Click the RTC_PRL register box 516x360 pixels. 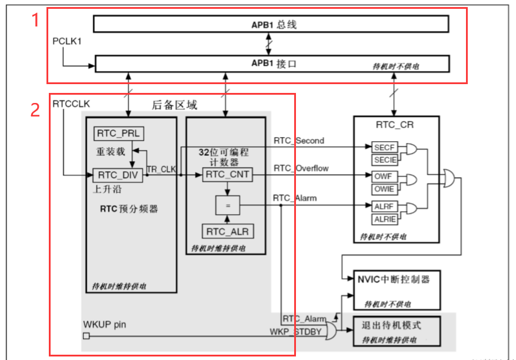point(118,134)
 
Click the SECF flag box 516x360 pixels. point(384,148)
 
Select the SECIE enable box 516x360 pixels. point(384,160)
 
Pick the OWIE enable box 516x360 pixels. point(384,188)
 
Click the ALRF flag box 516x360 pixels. point(384,206)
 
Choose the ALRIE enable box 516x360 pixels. point(384,219)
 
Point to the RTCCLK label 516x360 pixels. point(71,104)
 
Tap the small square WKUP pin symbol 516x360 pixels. point(86,336)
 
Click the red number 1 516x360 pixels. point(35,21)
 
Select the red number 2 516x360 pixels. point(35,109)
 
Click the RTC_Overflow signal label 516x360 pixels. point(301,169)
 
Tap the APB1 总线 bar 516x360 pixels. point(271,24)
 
